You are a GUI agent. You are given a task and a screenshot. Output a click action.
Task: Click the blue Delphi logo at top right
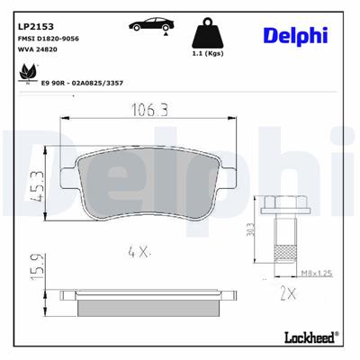click(295, 34)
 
